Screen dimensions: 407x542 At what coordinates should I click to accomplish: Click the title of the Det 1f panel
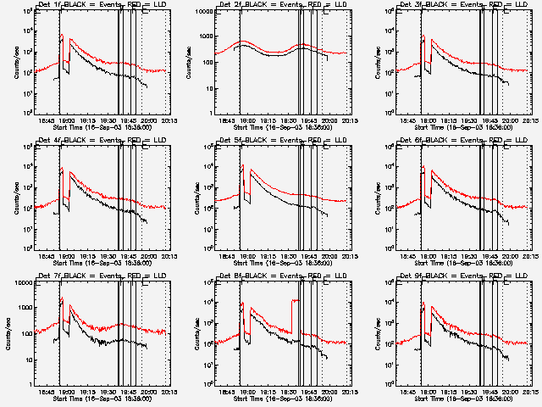(101, 5)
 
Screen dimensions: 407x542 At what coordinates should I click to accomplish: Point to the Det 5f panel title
(281, 141)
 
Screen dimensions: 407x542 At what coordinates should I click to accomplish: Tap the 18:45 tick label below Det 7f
(47, 392)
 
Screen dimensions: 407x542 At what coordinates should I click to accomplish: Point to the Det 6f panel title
(462, 141)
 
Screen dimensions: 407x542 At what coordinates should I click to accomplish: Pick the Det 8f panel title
(281, 276)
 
